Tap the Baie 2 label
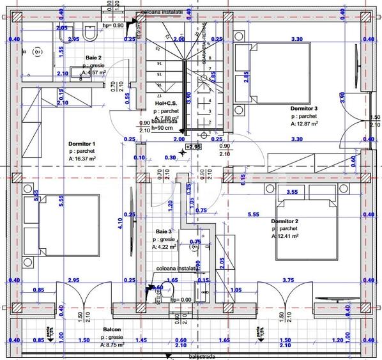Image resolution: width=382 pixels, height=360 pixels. pos(94,58)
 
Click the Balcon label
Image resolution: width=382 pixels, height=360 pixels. pos(112,331)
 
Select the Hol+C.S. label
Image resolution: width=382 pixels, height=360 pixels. pos(167,104)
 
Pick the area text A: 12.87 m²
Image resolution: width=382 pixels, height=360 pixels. pos(305,124)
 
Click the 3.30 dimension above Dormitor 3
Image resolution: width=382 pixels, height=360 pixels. pos(296,40)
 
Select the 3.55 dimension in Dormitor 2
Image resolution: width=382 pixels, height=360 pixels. pos(293,191)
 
